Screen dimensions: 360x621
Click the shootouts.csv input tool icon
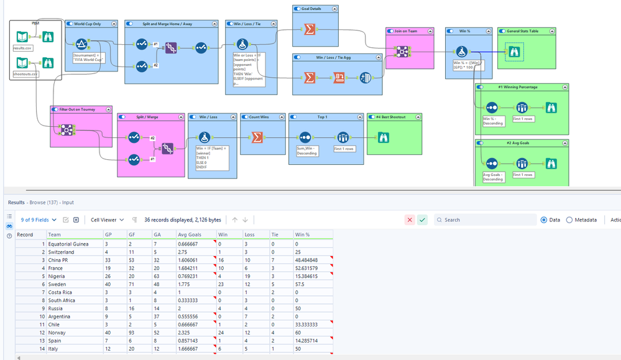tap(22, 62)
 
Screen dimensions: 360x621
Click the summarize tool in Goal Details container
tap(309, 29)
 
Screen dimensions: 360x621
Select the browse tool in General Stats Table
tap(514, 52)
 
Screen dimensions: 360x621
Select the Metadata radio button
tap(569, 219)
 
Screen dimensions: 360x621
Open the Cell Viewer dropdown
tap(107, 219)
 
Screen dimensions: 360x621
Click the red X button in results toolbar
tap(409, 219)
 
